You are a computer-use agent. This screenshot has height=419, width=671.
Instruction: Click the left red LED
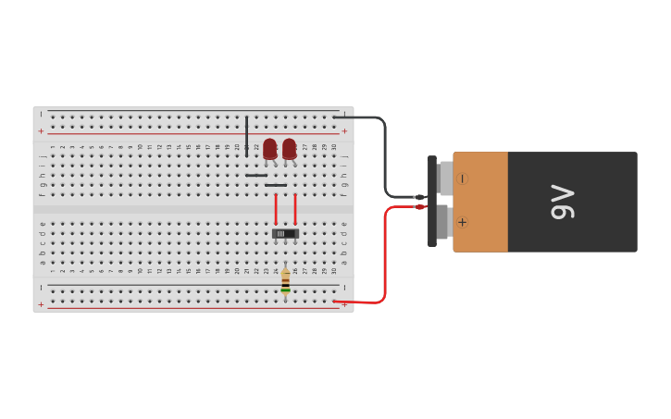tap(269, 148)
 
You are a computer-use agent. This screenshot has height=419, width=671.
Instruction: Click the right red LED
tap(290, 148)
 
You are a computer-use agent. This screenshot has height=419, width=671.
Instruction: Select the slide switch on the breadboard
tap(285, 234)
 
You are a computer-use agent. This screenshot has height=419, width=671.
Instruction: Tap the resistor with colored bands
tap(285, 280)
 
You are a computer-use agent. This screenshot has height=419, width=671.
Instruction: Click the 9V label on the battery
tap(563, 202)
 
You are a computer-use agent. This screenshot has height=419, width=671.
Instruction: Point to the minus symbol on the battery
tap(462, 179)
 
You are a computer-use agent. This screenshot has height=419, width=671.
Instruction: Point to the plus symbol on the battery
tap(462, 222)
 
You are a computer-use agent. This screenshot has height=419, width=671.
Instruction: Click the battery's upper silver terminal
tap(445, 178)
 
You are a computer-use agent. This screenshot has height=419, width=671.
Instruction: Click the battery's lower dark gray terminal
tap(442, 222)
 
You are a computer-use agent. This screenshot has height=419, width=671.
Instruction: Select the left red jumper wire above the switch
tap(275, 209)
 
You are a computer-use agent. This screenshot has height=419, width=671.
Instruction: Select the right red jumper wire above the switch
tap(295, 209)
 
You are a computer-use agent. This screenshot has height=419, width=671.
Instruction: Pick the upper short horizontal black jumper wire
tap(256, 175)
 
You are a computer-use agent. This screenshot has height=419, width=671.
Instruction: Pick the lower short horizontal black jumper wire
tap(276, 185)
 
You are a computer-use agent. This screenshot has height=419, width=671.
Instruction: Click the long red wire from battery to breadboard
tap(383, 259)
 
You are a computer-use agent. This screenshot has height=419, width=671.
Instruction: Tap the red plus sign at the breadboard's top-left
tap(41, 131)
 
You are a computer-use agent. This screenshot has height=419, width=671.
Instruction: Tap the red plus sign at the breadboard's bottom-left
tap(41, 304)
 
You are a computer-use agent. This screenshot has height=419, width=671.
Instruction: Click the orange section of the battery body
tap(480, 202)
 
